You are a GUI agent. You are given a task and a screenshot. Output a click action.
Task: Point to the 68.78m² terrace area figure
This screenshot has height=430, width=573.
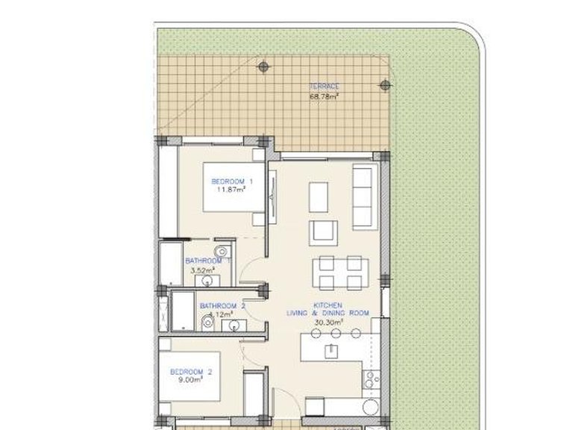tap(324, 96)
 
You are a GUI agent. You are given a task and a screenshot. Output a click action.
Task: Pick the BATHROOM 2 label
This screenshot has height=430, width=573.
tap(222, 306)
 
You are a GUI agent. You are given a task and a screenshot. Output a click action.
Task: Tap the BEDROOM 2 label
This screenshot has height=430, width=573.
tap(192, 372)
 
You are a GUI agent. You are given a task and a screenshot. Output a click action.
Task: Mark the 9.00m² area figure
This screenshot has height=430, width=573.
tap(192, 379)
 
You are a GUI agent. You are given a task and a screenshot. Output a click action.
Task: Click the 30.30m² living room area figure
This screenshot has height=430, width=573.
tap(326, 322)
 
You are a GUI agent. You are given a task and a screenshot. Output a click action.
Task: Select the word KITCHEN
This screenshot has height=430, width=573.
tap(328, 305)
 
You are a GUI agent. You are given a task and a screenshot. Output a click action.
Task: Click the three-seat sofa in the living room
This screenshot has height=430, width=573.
tap(363, 197)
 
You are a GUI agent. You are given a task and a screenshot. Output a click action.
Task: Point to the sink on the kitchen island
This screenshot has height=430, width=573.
tap(329, 349)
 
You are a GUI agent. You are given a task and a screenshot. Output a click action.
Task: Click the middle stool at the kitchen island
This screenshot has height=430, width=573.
tap(336, 331)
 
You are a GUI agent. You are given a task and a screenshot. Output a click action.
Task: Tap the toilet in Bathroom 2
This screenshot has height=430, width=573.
tap(206, 322)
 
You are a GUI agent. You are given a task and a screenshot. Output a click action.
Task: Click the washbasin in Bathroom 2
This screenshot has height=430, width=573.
tap(236, 324)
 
